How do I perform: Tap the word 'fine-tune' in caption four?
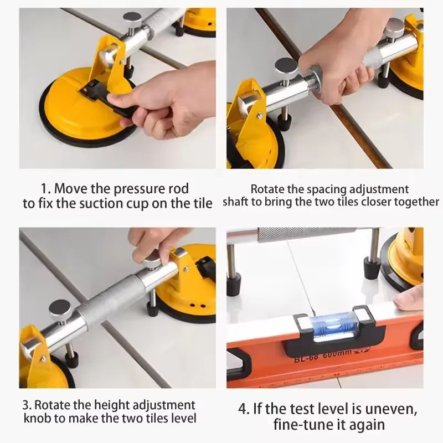coord(299,425)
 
